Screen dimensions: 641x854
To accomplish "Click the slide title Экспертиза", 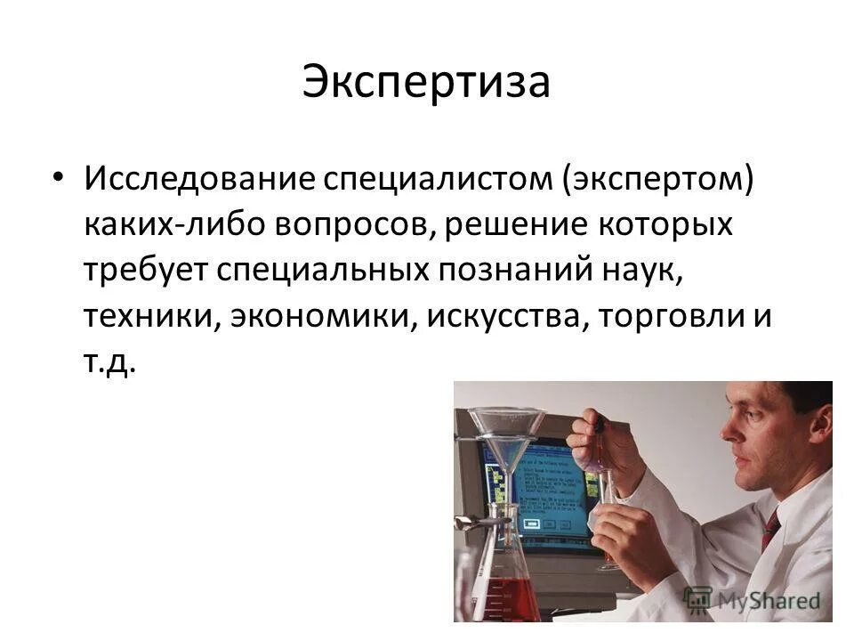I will point(426,82).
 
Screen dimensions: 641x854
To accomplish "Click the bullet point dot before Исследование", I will point(59,177).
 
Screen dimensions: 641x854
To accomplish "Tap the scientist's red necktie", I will point(771,529).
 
